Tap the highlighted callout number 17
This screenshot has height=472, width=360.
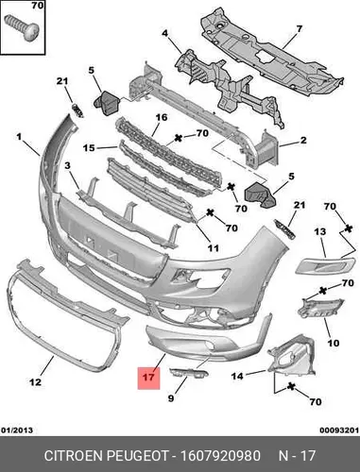(x=148, y=377)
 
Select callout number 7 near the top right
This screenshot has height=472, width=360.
(x=299, y=28)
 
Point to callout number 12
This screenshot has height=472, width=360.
(x=35, y=382)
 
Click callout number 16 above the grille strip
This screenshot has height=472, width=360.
(x=162, y=117)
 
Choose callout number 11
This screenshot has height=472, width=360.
(x=214, y=248)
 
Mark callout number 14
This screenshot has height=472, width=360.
(x=237, y=376)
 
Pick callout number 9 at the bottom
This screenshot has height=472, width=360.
(x=171, y=398)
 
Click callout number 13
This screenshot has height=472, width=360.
(x=320, y=232)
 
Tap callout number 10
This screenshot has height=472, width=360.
(x=334, y=343)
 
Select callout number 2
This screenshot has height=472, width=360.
(x=303, y=140)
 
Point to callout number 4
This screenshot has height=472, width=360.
(x=165, y=33)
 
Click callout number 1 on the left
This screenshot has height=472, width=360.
(x=19, y=137)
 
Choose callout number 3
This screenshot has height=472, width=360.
(x=68, y=165)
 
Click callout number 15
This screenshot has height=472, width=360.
(x=89, y=147)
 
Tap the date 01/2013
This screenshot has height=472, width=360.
(x=17, y=430)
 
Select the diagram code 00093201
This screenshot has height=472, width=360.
(x=339, y=430)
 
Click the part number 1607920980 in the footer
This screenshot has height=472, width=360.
(x=220, y=456)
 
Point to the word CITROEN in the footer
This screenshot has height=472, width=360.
(x=75, y=456)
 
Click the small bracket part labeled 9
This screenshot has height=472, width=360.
(x=189, y=373)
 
